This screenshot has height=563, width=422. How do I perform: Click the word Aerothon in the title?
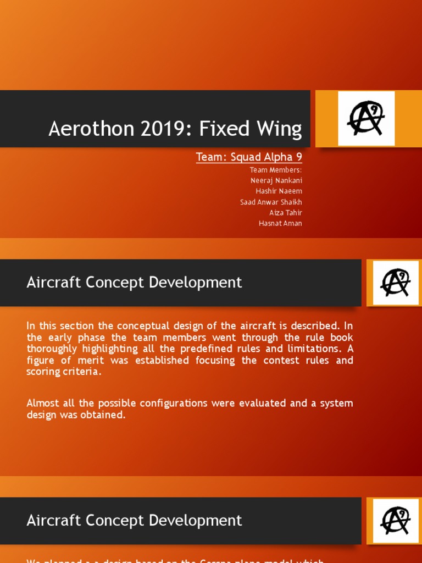coord(81,129)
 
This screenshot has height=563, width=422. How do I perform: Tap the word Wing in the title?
coord(280,129)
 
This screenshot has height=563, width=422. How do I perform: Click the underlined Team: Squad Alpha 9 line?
coord(249,157)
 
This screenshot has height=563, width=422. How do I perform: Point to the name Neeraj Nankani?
coord(276,180)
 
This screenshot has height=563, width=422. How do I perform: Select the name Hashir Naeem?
coord(279,191)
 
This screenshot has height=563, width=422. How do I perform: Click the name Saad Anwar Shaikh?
coord(271,202)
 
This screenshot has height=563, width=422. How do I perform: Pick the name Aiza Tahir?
coord(286,212)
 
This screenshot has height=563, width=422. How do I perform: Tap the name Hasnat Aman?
coord(280,223)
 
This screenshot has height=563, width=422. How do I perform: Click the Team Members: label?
coord(276,170)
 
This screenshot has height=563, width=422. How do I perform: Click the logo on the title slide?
coord(366,119)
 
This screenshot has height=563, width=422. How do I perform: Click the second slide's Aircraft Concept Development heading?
coord(134,283)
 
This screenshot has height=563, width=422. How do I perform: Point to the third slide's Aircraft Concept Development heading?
coord(134,520)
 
